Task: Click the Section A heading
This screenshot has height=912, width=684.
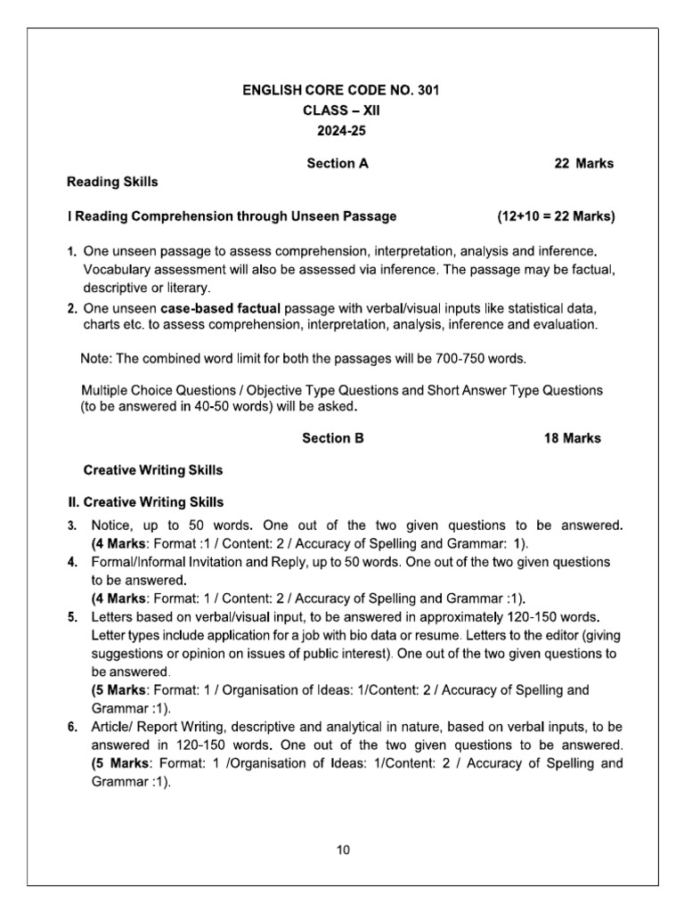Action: click(x=337, y=164)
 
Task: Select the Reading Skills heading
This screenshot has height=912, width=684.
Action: click(x=113, y=182)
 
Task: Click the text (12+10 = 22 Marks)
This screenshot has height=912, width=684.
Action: click(x=556, y=216)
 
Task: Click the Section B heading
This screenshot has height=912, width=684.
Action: click(x=333, y=438)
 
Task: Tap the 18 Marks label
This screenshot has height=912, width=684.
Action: click(x=572, y=438)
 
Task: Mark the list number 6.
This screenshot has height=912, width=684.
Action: click(x=72, y=728)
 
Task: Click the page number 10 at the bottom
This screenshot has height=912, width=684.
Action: click(x=343, y=850)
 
